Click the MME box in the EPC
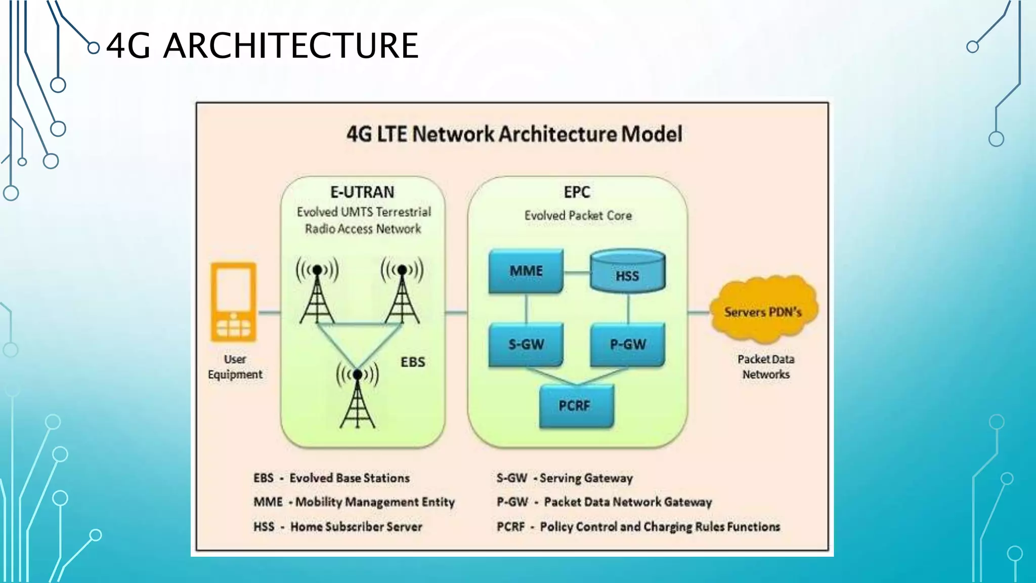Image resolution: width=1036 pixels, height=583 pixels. tap(526, 271)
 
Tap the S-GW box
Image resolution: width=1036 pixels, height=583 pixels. tap(526, 345)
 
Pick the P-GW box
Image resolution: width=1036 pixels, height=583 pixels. tap(627, 345)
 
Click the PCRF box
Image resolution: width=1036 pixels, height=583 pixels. tap(576, 406)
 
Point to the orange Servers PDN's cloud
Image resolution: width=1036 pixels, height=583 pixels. tap(763, 310)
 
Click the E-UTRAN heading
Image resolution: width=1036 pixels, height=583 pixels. tap(362, 192)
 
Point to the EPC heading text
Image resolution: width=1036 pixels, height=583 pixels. tap(577, 192)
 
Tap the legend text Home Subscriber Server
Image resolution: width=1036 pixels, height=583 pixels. tap(356, 527)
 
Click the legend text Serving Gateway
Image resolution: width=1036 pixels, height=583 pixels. tap(586, 478)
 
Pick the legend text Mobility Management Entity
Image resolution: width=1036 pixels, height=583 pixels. tap(375, 502)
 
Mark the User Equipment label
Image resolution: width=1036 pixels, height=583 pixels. tap(235, 367)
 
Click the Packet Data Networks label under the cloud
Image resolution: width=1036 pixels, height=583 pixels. tap(765, 367)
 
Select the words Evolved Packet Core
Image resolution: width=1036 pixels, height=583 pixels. tap(578, 216)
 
